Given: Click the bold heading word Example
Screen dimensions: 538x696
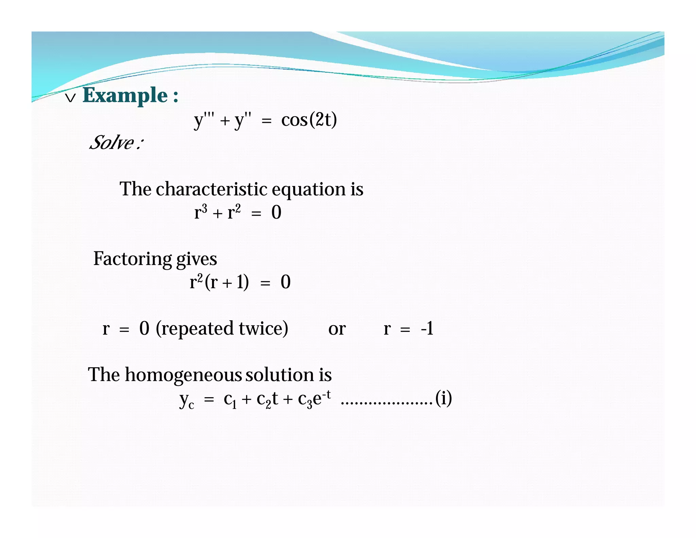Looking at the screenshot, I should [125, 95].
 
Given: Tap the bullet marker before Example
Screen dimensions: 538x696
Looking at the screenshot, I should [70, 98].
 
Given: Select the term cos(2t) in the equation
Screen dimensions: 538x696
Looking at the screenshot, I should [309, 120].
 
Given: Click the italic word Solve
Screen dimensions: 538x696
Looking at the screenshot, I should [112, 142].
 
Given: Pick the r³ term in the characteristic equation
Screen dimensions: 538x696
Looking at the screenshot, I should [201, 212].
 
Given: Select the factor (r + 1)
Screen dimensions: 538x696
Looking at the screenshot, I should [227, 282].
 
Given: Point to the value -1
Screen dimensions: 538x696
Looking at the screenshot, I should [427, 329].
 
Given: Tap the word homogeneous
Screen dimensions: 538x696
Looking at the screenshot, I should [183, 375].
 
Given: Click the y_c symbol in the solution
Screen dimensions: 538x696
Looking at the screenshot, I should [187, 399].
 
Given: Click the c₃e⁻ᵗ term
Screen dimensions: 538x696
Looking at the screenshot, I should [314, 398].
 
